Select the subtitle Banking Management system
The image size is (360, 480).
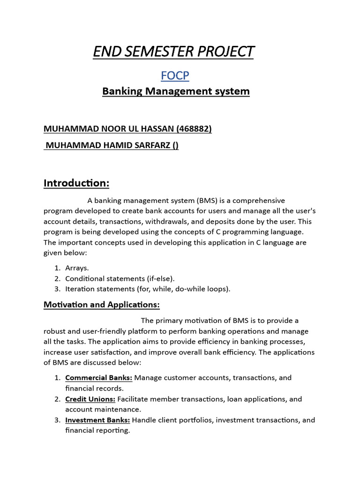point(176,91)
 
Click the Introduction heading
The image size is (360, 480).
point(76,183)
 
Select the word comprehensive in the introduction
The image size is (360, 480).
point(257,201)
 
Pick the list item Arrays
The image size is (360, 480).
point(76,268)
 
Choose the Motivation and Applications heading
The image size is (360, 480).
point(102,305)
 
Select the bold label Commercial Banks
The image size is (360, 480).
point(98,378)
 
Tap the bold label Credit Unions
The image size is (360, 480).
point(90,399)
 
